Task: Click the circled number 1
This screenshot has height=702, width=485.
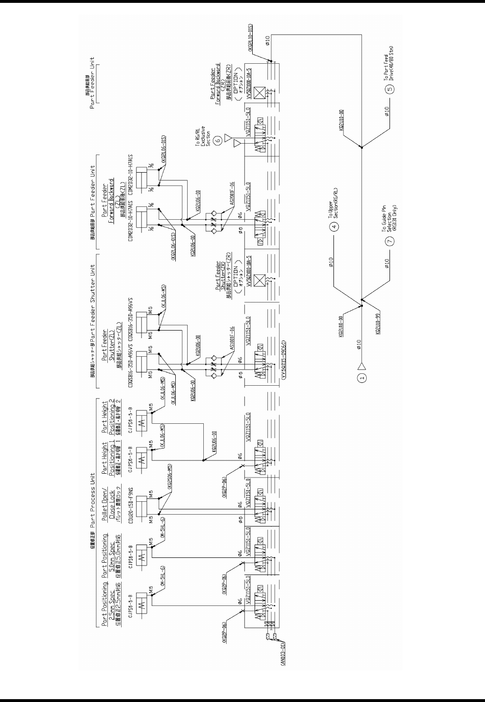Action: click(x=362, y=379)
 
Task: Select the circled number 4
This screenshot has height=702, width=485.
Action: click(x=334, y=226)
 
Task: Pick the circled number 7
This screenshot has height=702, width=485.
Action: click(x=390, y=241)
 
